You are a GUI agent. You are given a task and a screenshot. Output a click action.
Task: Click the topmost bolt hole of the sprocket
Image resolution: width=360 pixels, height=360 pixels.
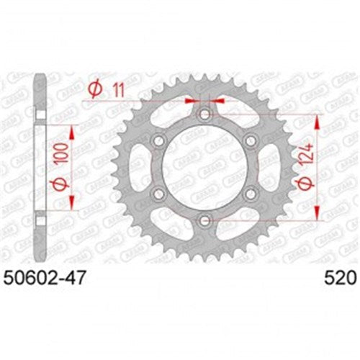[205, 115]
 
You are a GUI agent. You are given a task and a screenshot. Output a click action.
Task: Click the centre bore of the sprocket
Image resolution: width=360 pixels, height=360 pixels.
[205, 166]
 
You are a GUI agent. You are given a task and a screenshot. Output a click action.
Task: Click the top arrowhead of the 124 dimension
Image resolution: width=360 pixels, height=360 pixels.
[316, 119]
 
